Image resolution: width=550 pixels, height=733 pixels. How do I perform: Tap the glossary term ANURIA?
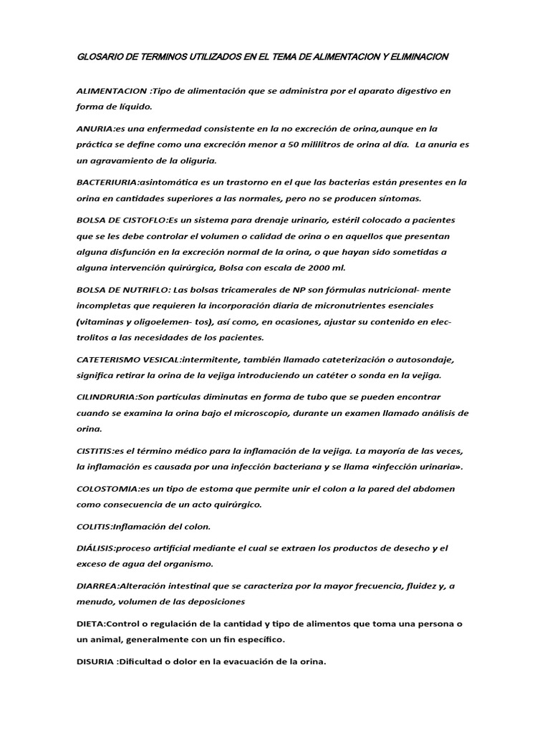click(95, 129)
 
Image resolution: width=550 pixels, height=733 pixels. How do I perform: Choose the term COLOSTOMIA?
click(107, 488)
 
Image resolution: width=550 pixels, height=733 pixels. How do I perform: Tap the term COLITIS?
click(93, 526)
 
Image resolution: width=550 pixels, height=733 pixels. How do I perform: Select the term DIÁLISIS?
click(95, 548)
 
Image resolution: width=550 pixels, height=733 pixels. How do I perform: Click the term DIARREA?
click(97, 586)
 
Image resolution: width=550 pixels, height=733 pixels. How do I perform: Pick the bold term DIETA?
click(90, 623)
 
